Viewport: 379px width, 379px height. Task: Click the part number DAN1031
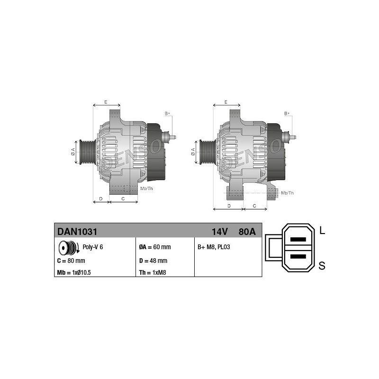point(77,232)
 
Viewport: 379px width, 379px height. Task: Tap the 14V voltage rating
point(219,232)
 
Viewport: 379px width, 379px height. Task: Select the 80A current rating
point(247,232)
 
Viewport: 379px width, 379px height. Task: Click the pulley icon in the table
point(69,248)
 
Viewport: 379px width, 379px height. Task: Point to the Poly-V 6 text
point(93,247)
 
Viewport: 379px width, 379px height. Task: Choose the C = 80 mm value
point(71,261)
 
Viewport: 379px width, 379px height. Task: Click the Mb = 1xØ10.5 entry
point(74,273)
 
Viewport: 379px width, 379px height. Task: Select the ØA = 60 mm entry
point(155,247)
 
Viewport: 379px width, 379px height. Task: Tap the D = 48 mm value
point(153,261)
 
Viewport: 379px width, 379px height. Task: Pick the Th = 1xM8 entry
point(153,273)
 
